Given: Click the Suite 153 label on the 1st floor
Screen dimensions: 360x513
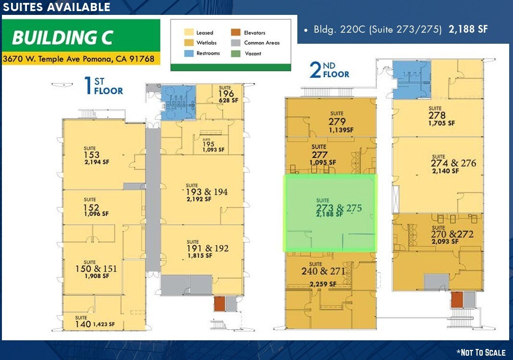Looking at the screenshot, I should click(x=92, y=155).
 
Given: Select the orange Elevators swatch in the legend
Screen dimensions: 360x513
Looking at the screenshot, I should click(x=235, y=33).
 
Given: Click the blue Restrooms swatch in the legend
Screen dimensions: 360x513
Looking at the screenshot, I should click(x=188, y=53).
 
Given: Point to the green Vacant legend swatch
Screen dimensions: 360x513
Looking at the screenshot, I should click(x=235, y=53).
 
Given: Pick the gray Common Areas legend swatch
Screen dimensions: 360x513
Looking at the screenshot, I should click(x=235, y=43).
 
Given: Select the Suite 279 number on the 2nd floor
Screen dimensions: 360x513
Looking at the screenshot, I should click(x=337, y=121).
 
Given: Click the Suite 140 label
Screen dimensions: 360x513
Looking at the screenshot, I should click(x=83, y=324).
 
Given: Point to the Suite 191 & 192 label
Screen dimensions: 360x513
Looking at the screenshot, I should click(x=208, y=248).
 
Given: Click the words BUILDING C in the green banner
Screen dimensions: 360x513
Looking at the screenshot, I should click(x=63, y=37).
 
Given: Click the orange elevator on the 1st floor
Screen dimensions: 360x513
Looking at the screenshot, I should click(x=219, y=303).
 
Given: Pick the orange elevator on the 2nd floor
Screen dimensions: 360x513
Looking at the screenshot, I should click(x=457, y=299).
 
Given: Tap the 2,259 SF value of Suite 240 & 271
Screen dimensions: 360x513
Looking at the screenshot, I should click(x=321, y=284).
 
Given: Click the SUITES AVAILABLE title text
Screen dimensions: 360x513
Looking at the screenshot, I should click(x=57, y=7).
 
